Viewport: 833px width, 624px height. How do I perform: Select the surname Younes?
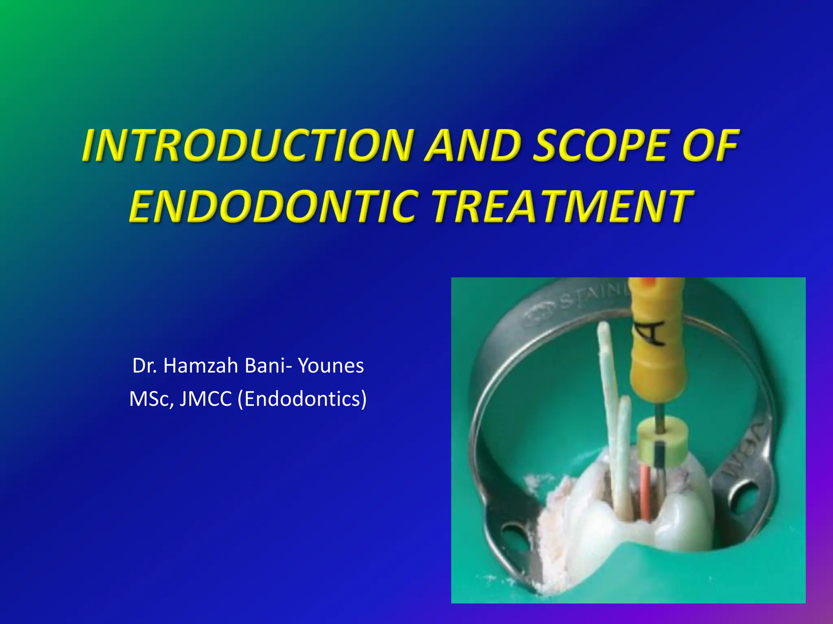(x=331, y=365)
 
